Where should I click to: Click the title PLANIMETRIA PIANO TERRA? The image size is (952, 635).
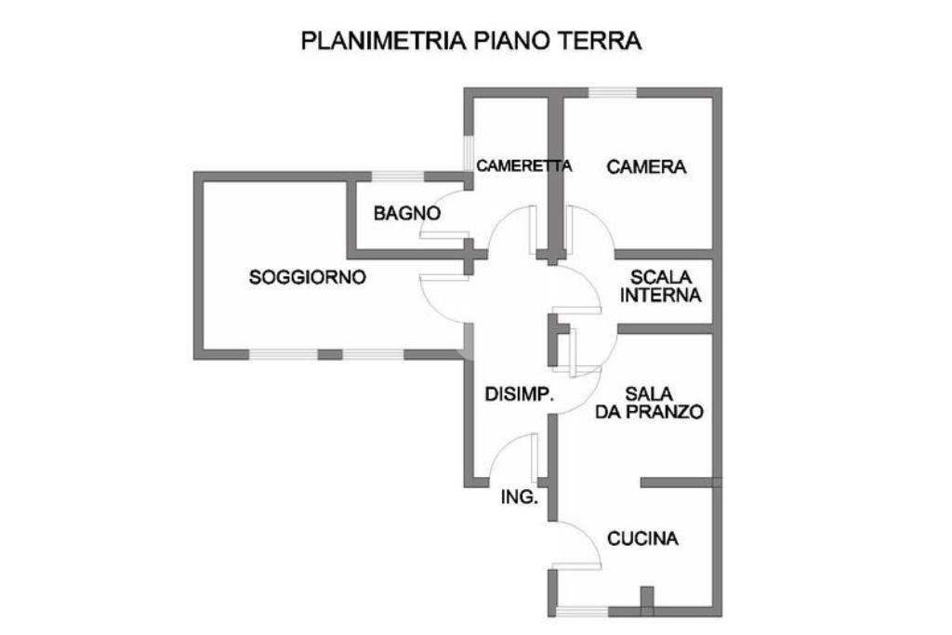pos(471,41)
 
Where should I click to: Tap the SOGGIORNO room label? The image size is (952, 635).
pos(308,276)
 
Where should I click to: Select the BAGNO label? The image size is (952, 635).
pos(406,213)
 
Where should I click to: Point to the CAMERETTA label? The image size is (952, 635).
pos(523,165)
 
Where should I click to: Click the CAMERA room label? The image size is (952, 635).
pos(646,167)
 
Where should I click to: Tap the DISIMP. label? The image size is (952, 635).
pos(520,393)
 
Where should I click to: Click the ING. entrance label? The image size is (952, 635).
pos(519,496)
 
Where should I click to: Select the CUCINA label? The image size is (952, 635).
pos(642,538)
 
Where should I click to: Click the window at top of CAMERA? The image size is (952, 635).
pos(613,92)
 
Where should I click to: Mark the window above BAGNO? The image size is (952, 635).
pos(397,177)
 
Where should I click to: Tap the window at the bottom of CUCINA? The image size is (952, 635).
pos(582,612)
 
